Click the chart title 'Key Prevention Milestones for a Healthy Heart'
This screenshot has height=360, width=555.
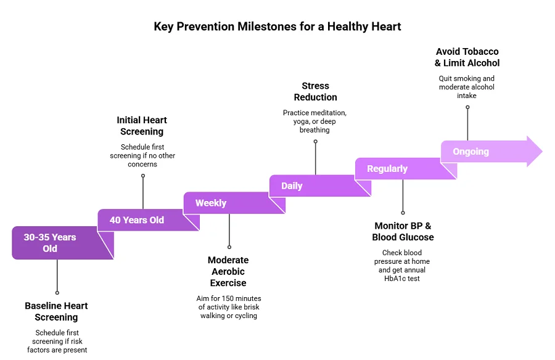click(277, 27)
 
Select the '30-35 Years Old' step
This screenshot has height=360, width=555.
click(50, 243)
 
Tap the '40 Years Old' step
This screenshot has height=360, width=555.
click(137, 220)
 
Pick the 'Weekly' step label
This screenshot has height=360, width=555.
click(211, 203)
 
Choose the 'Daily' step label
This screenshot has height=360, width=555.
click(292, 186)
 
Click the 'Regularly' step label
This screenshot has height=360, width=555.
click(387, 168)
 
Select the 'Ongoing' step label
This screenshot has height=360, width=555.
click(471, 152)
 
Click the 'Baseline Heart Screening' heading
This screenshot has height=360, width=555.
click(56, 311)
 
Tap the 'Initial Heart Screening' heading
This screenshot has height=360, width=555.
click(142, 126)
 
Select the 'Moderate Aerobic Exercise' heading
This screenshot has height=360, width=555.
click(228, 272)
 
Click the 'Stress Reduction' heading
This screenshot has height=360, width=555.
click(315, 91)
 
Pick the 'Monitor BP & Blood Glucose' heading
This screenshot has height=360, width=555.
click(403, 231)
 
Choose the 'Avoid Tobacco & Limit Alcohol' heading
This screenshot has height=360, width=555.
click(467, 57)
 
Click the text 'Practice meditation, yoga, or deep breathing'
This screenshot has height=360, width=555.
click(315, 121)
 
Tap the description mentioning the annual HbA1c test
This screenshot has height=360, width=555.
click(403, 266)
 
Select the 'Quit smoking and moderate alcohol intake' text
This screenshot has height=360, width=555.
click(467, 87)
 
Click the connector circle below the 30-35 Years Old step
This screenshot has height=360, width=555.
click(57, 293)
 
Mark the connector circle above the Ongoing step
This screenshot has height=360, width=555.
click(467, 107)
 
